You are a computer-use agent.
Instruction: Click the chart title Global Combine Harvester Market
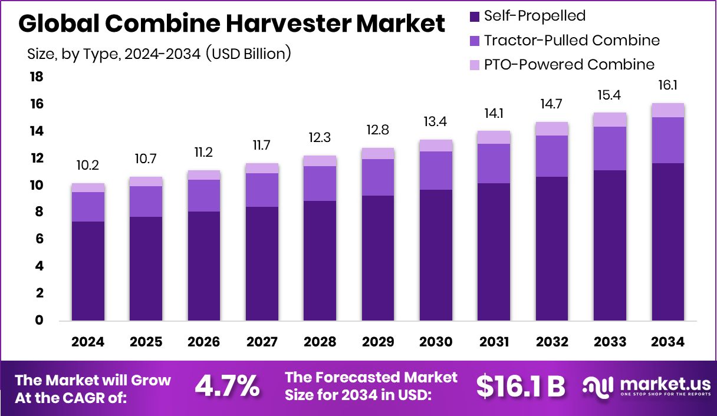232,23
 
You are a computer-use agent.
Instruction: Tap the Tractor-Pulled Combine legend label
571,41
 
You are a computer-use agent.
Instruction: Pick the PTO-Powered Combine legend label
569,64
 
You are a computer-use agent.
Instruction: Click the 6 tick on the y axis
39,239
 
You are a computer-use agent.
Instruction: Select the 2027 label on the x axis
262,342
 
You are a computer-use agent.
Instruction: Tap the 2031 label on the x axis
494,342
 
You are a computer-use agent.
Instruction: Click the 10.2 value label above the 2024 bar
88,166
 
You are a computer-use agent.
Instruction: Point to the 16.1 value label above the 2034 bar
668,86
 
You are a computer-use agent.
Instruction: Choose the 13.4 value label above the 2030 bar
436,122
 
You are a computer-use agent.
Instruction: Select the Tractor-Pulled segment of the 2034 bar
668,140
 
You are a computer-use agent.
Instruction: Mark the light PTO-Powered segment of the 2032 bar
552,128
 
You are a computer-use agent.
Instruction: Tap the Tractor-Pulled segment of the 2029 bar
378,177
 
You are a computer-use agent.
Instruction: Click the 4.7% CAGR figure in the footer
227,386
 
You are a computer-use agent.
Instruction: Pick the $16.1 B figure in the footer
521,386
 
